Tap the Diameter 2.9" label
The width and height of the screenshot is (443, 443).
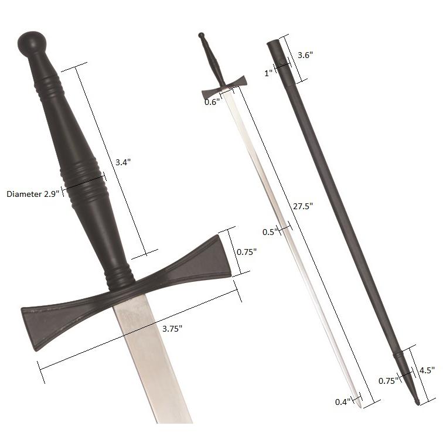(x=33, y=193)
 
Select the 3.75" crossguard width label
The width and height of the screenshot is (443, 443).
(x=172, y=328)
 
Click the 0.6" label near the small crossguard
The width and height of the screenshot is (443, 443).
(x=212, y=102)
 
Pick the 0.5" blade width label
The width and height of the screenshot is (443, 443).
(x=269, y=231)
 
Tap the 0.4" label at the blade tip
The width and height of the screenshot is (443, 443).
(x=342, y=401)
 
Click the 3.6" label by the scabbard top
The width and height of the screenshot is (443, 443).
(x=305, y=55)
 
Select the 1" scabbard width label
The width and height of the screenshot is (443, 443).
(x=269, y=73)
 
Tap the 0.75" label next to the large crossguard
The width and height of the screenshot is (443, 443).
(x=247, y=251)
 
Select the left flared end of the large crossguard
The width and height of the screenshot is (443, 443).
(x=41, y=325)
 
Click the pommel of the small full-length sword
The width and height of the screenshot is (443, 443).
(x=202, y=36)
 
